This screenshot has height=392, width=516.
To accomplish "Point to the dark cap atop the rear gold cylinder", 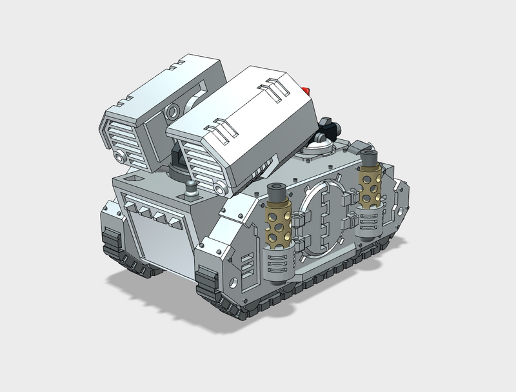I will click(369, 157).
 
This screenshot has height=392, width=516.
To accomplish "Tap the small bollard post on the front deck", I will click(191, 190).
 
